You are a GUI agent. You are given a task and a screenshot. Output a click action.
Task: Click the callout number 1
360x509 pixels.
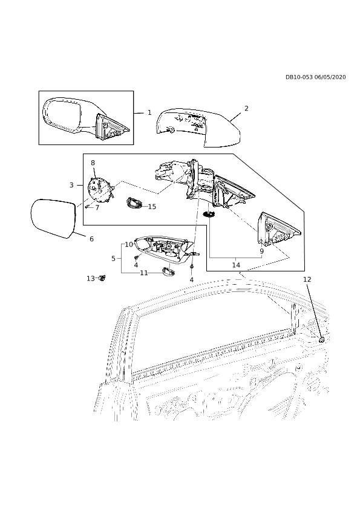pos(149,112)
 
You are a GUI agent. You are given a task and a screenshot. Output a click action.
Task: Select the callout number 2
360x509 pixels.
pos(246,108)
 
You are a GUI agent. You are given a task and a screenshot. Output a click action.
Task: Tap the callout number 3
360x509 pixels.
pos(72,185)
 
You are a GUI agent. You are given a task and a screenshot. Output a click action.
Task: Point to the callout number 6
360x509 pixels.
pos(91,239)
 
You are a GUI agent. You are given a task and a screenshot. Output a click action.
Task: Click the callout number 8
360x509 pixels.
pos(93,163)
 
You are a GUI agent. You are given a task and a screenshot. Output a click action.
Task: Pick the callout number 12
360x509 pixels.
pos(307,279)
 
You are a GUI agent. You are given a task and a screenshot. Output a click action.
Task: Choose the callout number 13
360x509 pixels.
pos(91,278)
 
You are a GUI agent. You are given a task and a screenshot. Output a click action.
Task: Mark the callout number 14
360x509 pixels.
pos(236,265)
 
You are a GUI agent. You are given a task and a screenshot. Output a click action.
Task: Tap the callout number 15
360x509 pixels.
pos(152,207)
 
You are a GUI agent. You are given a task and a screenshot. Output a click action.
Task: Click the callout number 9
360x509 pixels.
pos(261,251)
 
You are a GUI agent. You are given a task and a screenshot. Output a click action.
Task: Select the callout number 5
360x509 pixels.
pos(113,259)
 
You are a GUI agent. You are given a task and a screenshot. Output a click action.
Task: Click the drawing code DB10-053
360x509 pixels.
pos(299,77)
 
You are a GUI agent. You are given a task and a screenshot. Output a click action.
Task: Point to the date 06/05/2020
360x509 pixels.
pos(330,77)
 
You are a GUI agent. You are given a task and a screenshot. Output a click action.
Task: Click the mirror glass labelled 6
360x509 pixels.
pos(54,218)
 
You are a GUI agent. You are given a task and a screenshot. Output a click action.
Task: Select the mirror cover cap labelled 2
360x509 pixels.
pos(198,126)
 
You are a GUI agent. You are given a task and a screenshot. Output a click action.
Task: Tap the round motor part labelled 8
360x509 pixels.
pos(100,189)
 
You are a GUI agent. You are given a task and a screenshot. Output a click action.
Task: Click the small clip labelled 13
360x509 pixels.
pos(103,278)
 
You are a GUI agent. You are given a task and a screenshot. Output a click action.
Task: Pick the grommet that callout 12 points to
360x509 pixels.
pos(322,340)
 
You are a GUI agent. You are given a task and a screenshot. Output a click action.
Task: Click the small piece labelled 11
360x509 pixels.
pos(168,270)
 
